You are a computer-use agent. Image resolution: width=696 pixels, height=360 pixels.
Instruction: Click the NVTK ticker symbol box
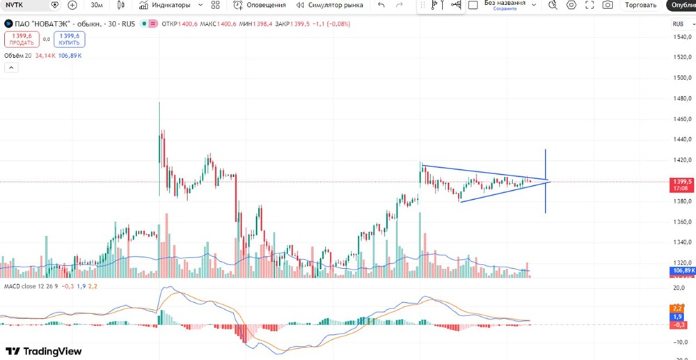click(24, 5)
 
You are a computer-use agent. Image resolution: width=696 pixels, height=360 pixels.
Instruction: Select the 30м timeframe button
click(97, 5)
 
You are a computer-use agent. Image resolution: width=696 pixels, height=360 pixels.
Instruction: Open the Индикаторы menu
click(164, 5)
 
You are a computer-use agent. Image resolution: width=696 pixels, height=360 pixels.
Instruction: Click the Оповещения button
click(259, 5)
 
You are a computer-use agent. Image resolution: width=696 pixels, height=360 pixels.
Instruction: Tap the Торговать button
click(640, 5)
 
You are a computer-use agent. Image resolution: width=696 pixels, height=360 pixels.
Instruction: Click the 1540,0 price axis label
click(681, 37)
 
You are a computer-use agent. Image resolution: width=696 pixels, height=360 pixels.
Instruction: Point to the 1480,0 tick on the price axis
click(681, 98)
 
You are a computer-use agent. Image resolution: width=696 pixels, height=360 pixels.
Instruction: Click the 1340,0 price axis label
click(681, 242)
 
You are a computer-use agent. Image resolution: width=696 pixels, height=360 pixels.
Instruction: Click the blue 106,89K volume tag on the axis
click(681, 270)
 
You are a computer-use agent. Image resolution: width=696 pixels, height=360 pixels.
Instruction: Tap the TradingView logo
click(44, 352)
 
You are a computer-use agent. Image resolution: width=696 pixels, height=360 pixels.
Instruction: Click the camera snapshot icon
click(608, 5)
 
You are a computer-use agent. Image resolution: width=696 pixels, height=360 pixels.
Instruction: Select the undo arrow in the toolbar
click(381, 5)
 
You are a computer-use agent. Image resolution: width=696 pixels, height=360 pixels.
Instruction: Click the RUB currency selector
click(679, 24)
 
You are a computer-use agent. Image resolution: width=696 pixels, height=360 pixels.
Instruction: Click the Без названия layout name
click(505, 3)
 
